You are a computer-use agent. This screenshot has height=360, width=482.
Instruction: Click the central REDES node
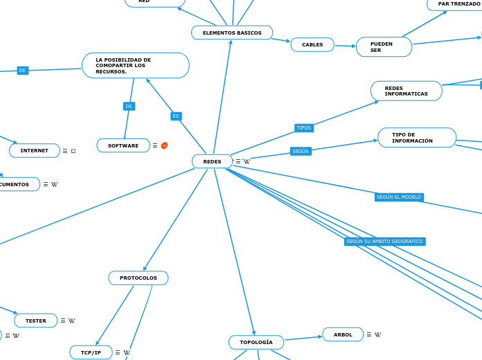[212, 161]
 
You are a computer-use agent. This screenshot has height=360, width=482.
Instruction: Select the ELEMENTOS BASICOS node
[232, 33]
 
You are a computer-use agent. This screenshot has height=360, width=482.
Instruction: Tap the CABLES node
[312, 45]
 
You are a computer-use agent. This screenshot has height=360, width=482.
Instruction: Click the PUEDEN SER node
[384, 47]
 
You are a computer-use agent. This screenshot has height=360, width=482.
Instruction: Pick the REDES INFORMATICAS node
[407, 91]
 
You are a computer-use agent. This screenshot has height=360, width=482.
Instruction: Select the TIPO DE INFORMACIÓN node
[417, 138]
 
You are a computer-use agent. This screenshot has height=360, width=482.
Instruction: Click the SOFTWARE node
[123, 145]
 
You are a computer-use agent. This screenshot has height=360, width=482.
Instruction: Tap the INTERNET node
[35, 150]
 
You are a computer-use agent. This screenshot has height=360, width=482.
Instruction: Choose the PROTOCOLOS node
[139, 278]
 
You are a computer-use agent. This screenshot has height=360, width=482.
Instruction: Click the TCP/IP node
[91, 352]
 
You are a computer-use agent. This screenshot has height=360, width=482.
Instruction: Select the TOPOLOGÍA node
[256, 342]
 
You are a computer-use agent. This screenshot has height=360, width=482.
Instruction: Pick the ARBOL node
[343, 334]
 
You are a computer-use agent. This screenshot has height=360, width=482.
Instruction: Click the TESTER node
[36, 321]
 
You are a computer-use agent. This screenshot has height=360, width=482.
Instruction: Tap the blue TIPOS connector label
[304, 127]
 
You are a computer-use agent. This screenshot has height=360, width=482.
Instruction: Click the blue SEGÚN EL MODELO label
[399, 197]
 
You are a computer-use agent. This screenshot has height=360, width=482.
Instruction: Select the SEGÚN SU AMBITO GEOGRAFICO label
[384, 242]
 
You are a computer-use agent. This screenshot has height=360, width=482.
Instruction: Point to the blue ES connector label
[176, 116]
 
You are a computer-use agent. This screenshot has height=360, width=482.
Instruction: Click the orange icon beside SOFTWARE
[164, 145]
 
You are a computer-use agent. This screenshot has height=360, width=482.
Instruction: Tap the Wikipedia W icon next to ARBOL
[378, 335]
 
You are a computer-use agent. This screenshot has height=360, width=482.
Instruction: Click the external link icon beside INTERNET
[73, 150]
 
